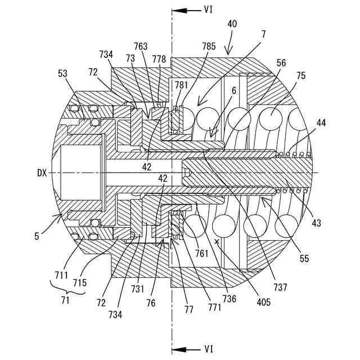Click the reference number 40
tap(232, 25)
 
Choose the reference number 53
tap(64, 74)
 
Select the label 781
tap(181, 85)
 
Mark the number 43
tap(316, 223)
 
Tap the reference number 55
tap(304, 259)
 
